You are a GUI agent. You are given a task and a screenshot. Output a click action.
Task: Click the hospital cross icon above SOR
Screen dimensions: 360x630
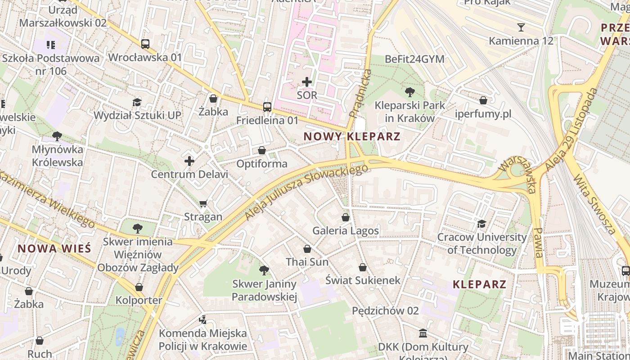coord(307,82)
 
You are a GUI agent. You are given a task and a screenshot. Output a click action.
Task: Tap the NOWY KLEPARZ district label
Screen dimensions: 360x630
coord(352,136)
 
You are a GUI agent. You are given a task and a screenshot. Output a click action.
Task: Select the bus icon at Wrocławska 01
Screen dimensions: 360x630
coord(145,44)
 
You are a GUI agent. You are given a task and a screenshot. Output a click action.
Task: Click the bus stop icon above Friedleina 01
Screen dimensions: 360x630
coord(267,107)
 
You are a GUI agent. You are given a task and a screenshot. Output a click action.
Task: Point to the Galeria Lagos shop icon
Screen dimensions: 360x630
coord(346,217)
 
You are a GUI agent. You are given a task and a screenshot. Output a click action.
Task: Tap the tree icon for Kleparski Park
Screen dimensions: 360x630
coord(409,92)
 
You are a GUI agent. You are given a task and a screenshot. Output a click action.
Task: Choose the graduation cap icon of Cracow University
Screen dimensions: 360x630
coord(481,224)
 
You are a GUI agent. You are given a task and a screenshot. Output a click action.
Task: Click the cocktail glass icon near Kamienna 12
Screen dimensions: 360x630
coord(521,27)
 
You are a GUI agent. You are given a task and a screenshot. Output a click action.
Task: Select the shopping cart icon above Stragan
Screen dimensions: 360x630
coord(203,204)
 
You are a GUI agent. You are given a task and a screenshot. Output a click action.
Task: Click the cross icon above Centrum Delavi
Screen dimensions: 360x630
coord(189,161)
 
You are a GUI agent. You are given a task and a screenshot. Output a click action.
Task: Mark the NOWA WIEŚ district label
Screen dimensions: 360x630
coord(54,248)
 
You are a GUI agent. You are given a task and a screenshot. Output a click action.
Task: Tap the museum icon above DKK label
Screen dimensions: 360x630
coord(423,333)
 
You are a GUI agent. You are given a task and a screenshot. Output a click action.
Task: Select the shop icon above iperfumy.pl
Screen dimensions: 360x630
coord(483,100)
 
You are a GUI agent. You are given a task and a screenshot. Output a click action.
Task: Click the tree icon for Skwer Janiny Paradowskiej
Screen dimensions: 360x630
coord(264,270)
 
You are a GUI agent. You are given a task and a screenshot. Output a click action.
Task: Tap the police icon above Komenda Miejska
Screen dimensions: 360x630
coord(203,320)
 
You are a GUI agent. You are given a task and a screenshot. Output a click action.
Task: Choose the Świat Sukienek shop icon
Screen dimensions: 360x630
coord(363,268)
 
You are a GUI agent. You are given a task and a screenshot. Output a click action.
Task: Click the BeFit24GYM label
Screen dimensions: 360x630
coord(414,59)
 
